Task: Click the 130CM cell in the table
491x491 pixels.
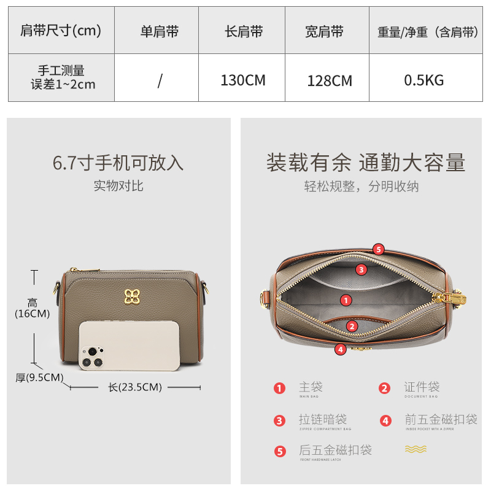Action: click(242, 80)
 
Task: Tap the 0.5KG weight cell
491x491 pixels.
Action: click(423, 80)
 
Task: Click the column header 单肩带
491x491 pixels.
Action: click(159, 32)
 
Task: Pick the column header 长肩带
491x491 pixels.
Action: click(244, 32)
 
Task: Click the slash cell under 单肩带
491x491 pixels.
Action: click(160, 80)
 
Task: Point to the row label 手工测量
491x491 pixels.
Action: click(63, 72)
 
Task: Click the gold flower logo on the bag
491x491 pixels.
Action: click(131, 296)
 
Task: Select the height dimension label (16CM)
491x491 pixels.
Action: click(32, 309)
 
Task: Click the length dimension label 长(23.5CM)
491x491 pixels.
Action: click(135, 387)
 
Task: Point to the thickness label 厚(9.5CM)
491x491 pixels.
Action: click(39, 377)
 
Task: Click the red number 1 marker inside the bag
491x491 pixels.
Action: click(346, 300)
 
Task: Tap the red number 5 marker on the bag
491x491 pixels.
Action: click(379, 249)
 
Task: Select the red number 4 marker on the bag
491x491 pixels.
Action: click(340, 349)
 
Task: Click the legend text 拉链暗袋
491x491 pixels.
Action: click(323, 419)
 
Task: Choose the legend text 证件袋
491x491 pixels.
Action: click(422, 387)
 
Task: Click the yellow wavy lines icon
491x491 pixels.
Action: click(416, 449)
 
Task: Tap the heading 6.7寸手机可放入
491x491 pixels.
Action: click(118, 163)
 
